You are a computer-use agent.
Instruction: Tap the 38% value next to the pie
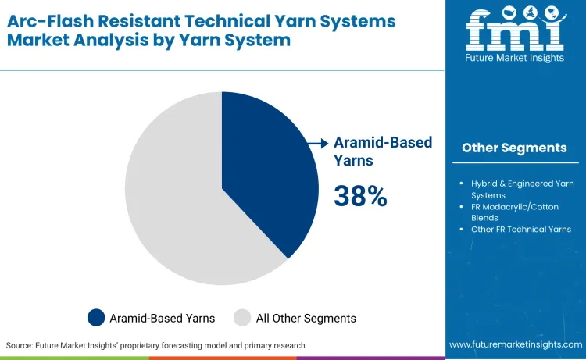[360, 196]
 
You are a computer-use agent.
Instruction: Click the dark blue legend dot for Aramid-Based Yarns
[96, 318]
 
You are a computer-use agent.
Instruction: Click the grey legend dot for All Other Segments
[242, 318]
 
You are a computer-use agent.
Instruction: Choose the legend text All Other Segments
[306, 319]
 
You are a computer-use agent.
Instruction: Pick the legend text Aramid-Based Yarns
[162, 319]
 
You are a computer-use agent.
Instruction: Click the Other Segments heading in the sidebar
[514, 148]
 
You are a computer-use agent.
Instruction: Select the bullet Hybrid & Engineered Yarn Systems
[522, 189]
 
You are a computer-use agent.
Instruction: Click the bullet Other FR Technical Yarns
[520, 230]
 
